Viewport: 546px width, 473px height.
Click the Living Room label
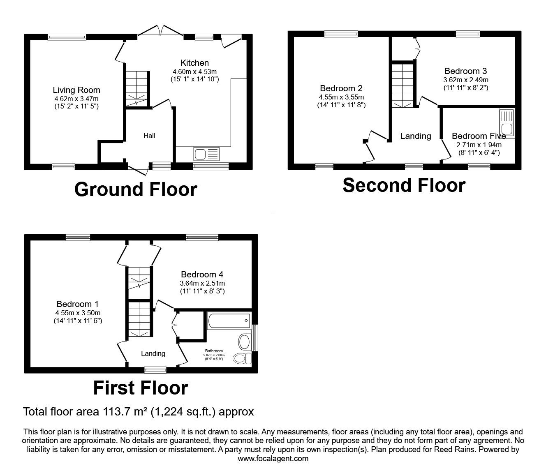point(76,90)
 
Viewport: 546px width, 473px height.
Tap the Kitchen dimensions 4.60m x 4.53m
point(195,72)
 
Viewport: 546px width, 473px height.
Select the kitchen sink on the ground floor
point(207,155)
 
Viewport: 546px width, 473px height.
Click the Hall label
point(149,136)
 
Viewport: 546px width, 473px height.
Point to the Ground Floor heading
point(136,189)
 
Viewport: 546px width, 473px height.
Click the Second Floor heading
point(404,185)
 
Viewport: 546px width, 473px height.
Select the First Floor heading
point(141,388)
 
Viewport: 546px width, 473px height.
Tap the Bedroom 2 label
point(341,88)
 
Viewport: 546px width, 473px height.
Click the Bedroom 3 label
point(465,71)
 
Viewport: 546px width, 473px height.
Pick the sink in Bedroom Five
point(507,122)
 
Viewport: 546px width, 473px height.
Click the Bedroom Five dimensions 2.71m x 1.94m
point(479,145)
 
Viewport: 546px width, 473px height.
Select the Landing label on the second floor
point(416,136)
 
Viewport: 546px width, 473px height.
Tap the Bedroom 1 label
point(77,304)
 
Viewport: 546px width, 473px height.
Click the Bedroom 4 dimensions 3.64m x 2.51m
point(202,283)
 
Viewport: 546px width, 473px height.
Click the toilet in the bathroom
point(242,358)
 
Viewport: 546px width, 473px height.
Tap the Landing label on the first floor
point(153,353)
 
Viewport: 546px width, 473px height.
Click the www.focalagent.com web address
point(273,459)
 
